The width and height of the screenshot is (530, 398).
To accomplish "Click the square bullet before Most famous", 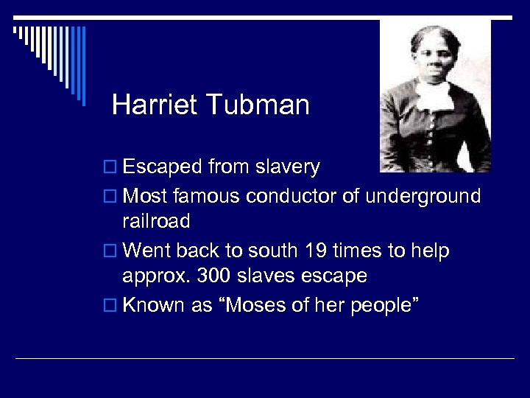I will [x=110, y=198].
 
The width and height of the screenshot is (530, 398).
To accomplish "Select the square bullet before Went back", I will [x=110, y=252].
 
